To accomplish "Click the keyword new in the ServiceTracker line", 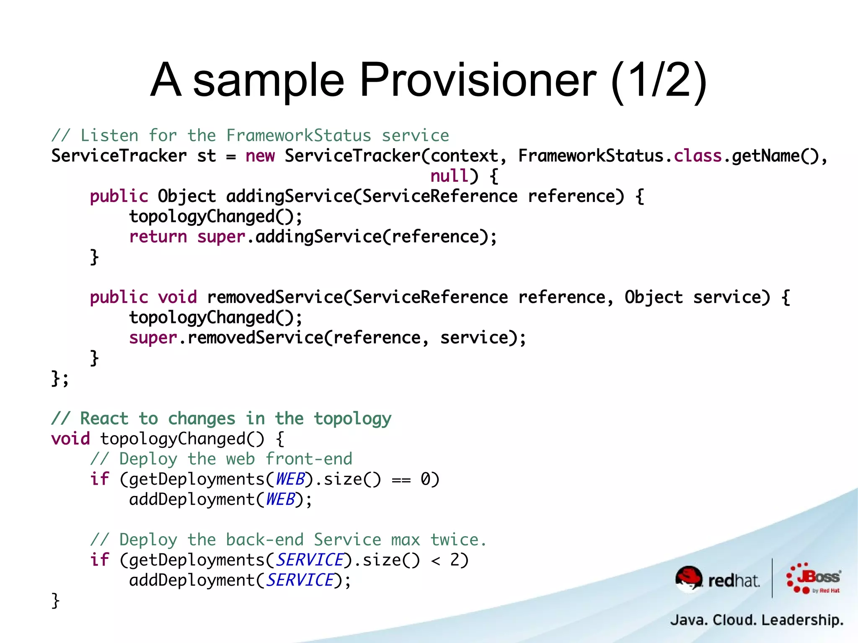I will (x=260, y=156).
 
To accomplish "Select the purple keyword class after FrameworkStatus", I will (x=698, y=156).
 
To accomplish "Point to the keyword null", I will (x=449, y=176).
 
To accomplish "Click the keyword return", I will (x=158, y=237).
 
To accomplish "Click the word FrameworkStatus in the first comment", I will (x=299, y=136).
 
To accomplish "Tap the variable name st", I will (x=207, y=156).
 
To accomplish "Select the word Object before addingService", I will (x=187, y=196).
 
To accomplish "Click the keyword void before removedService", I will (x=177, y=297).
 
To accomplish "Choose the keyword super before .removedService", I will (x=153, y=338).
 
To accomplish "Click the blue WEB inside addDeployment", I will (x=281, y=499).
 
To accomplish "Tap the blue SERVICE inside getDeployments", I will (x=310, y=560).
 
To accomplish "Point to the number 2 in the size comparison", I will (x=455, y=560).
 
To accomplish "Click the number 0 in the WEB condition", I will (x=425, y=479).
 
